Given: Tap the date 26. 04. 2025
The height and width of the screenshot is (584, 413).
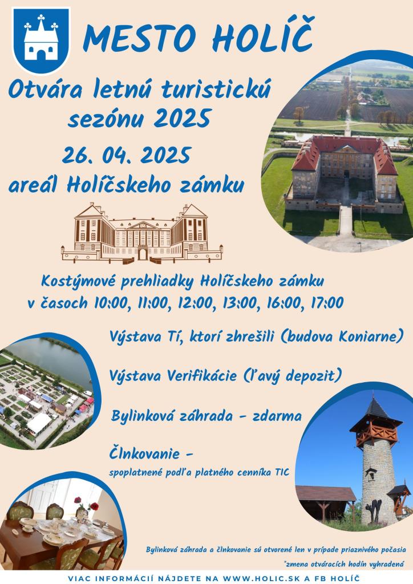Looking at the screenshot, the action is pyautogui.click(x=127, y=155).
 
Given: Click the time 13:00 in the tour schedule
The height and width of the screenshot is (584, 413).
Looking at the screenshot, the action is pyautogui.click(x=240, y=303).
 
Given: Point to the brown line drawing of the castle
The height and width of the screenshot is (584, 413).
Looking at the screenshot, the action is pyautogui.click(x=142, y=233).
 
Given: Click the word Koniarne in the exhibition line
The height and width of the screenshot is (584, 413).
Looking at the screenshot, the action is pyautogui.click(x=371, y=336).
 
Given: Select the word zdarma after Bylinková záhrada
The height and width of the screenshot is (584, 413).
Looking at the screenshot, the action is pyautogui.click(x=277, y=416).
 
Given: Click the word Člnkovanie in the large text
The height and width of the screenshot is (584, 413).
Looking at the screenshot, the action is pyautogui.click(x=145, y=453).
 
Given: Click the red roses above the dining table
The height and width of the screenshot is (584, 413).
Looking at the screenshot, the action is pyautogui.click(x=86, y=503).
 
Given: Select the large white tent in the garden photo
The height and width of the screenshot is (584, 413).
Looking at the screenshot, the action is pyautogui.click(x=39, y=424).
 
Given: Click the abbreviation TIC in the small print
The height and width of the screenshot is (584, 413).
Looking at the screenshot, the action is pyautogui.click(x=282, y=472).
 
